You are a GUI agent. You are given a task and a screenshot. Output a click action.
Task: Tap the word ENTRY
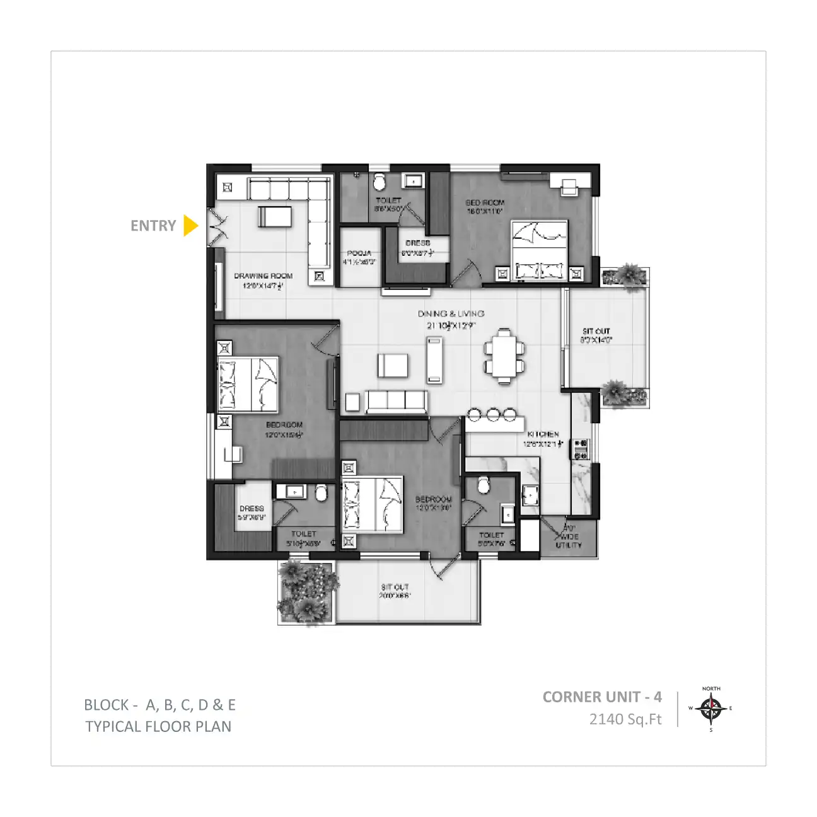point(153,226)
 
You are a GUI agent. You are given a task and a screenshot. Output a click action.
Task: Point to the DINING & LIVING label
point(451,313)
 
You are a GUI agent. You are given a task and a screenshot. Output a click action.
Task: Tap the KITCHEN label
point(543,434)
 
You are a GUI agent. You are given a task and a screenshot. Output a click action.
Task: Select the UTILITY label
point(569,545)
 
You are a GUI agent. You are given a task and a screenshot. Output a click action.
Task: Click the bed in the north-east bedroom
point(539,250)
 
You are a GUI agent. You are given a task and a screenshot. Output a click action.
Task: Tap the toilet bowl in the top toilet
point(379,183)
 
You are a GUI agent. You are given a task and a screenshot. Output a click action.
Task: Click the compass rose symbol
point(711,709)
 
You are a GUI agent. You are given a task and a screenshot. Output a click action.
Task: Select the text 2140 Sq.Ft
point(625,719)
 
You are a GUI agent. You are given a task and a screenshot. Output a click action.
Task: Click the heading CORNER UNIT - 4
point(602,697)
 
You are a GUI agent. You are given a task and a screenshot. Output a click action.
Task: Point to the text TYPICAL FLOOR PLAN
point(158,727)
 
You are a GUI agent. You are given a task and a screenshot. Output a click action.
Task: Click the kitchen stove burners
point(580,448)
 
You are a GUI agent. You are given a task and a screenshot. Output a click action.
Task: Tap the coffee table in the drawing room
point(275,216)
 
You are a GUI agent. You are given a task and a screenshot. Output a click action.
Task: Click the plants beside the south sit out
point(306,590)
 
